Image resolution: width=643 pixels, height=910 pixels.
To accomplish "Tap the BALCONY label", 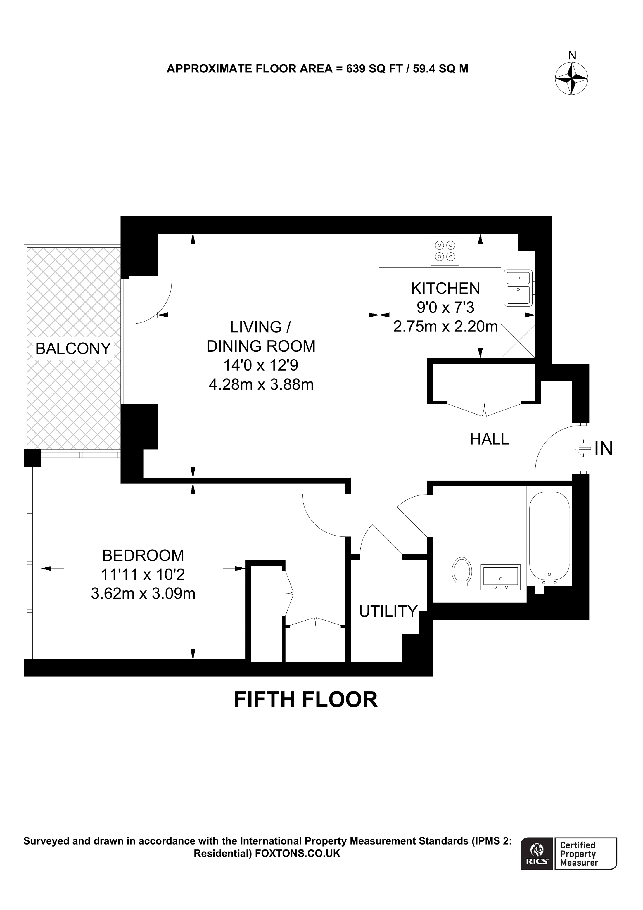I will (73, 349).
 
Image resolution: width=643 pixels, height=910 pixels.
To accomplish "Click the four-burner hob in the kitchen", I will (445, 251).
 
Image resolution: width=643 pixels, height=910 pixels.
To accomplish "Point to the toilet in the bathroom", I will (461, 571).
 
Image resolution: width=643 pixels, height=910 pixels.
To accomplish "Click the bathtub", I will (549, 536).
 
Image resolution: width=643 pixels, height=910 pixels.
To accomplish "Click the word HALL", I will (489, 439).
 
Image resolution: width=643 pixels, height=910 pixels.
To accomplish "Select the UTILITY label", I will (388, 612).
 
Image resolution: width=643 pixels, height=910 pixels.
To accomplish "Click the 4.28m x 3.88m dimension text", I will (261, 384).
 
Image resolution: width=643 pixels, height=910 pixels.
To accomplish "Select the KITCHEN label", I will (445, 289).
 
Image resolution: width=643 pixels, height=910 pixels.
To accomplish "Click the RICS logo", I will (537, 859).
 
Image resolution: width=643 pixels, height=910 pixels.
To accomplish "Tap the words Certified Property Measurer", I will (579, 859).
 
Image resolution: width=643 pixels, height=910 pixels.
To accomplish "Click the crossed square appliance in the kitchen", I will (518, 341).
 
